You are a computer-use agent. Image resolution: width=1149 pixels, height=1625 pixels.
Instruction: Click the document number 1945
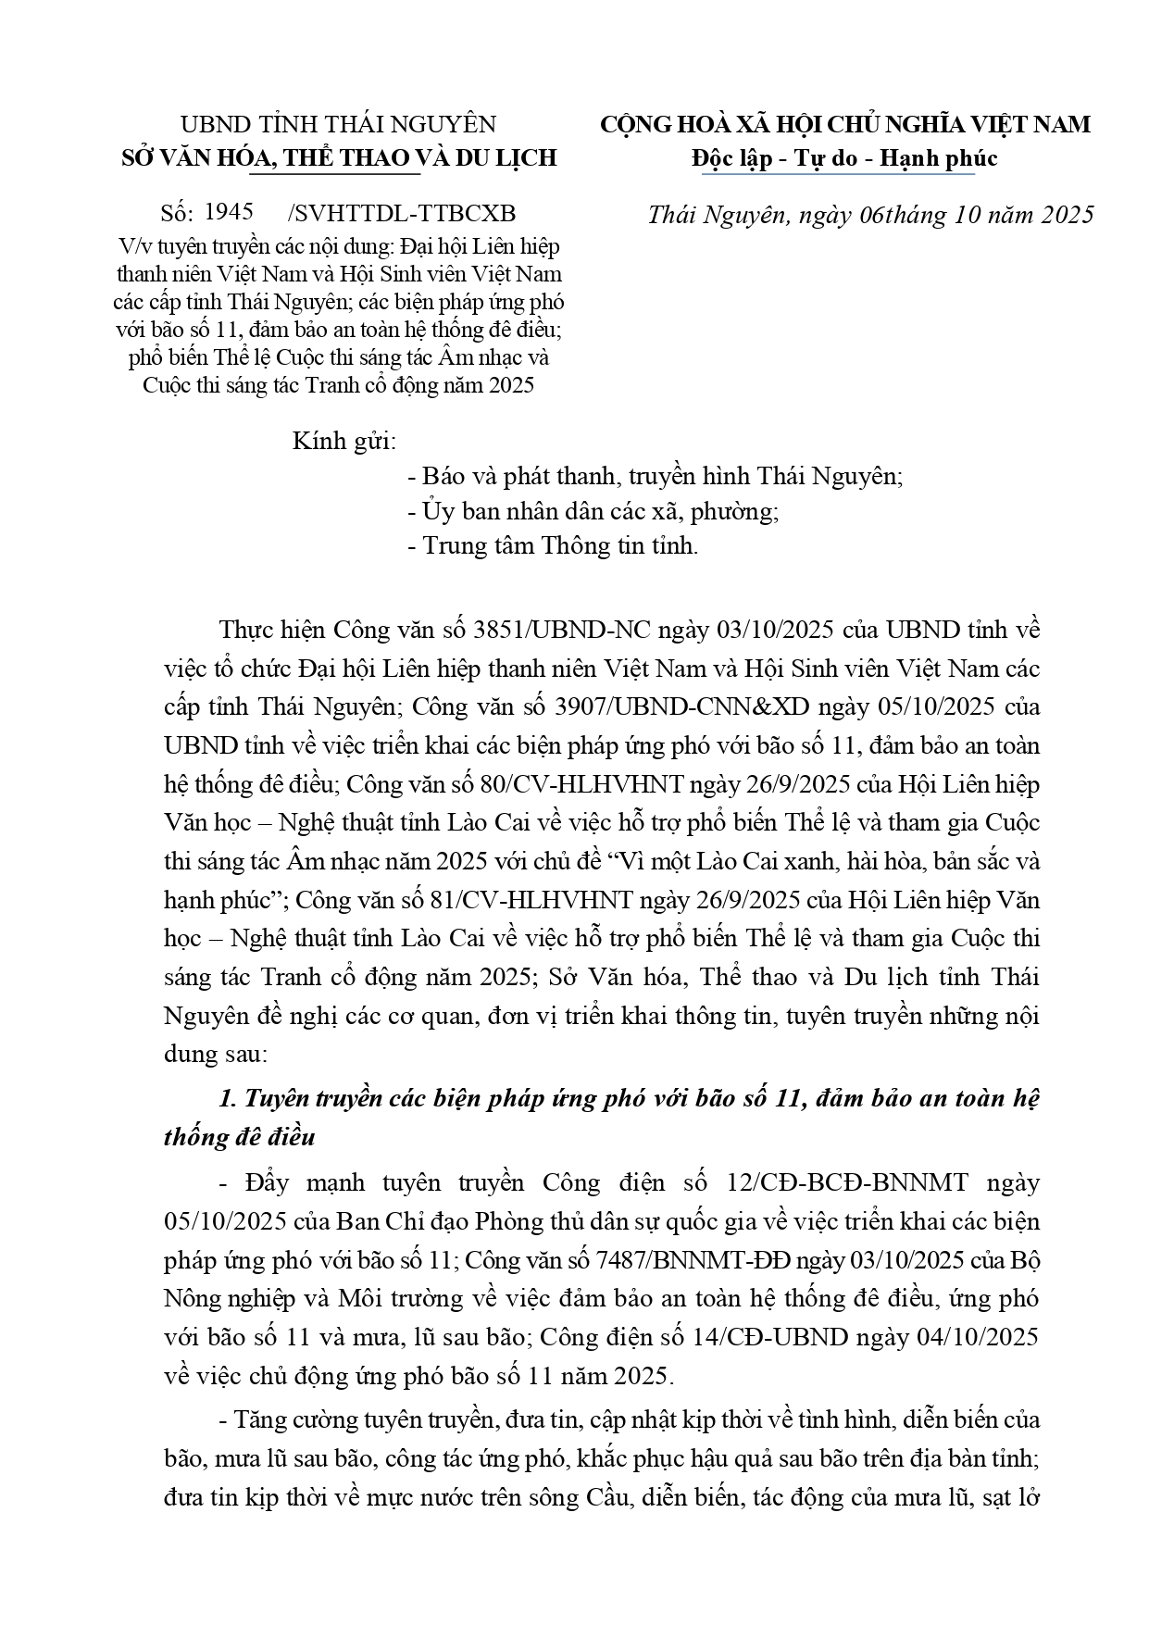[229, 212]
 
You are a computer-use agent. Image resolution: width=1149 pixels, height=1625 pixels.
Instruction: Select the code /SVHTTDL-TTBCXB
[403, 214]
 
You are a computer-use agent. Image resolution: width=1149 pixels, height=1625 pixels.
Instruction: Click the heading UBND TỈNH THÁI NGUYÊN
[338, 124]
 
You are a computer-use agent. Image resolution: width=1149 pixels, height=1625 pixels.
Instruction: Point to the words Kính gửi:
[344, 441]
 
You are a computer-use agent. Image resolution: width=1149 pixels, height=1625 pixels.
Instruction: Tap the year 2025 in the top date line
[1055, 215]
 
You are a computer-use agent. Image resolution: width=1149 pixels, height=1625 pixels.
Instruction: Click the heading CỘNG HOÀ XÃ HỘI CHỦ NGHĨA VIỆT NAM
[845, 124]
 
